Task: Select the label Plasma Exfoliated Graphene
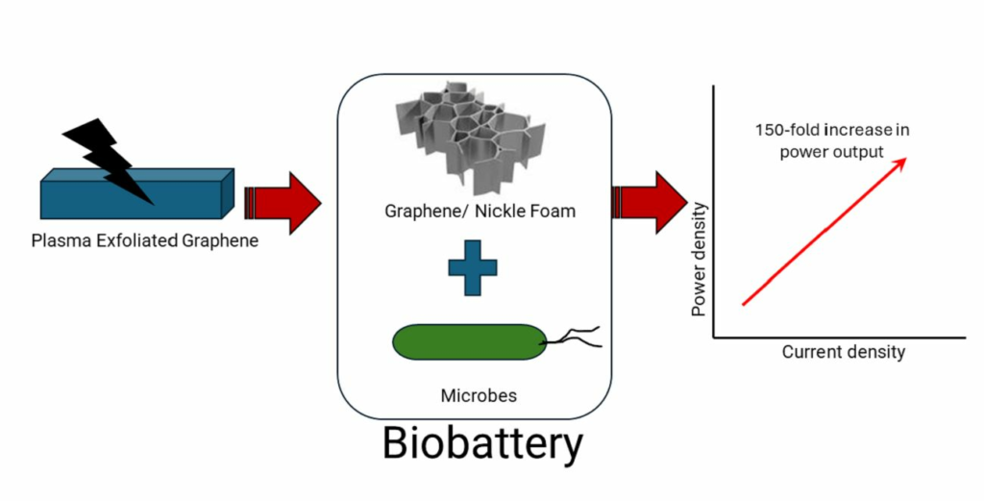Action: (x=144, y=240)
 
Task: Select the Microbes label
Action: (x=472, y=395)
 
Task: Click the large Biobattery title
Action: (x=482, y=444)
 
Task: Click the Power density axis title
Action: (x=700, y=260)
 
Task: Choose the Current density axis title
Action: (x=843, y=352)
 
